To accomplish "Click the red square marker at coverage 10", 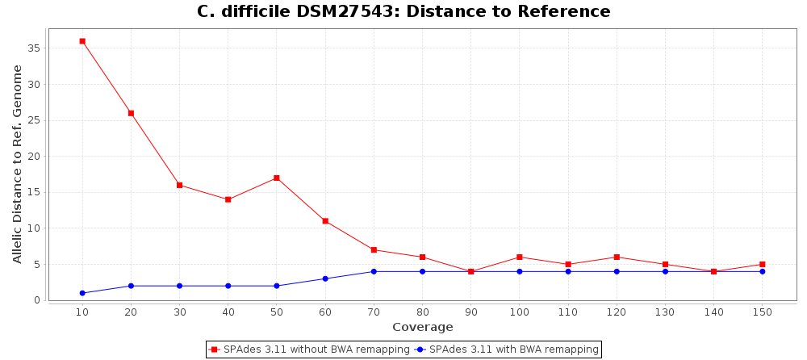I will click(82, 41).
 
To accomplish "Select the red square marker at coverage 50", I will click(277, 178).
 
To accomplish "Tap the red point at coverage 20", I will click(131, 113).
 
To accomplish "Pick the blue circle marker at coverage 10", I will click(82, 293).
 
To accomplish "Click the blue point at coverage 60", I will click(325, 278).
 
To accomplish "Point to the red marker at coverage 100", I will click(520, 257).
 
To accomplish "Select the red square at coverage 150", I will click(762, 264).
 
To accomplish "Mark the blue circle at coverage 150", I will click(762, 271).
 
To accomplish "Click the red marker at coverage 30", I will click(179, 185).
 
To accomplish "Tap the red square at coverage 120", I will click(617, 257).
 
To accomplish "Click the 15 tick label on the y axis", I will click(33, 192).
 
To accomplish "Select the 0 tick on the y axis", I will click(37, 300).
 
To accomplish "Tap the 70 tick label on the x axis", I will click(374, 312).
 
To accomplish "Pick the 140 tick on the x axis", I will click(713, 312).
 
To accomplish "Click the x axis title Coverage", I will click(422, 327).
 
